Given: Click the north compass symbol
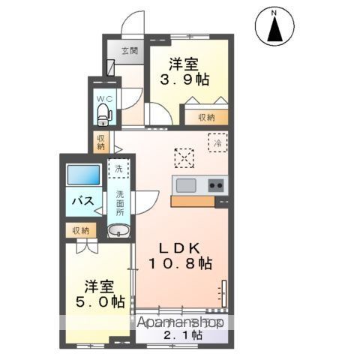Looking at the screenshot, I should click(x=273, y=27).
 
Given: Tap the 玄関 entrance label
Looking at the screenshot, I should click(x=130, y=52).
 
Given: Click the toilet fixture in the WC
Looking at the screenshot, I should click(x=103, y=115).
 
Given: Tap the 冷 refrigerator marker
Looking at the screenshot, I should click(x=216, y=142).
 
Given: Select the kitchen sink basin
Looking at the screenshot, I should click(x=185, y=184).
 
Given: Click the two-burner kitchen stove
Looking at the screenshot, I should click(x=216, y=184).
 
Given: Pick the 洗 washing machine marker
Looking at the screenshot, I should click(x=118, y=169).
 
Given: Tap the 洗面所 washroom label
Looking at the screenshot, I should click(x=120, y=202).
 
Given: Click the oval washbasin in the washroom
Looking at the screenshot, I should click(x=118, y=231).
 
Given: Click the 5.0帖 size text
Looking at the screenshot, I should click(x=105, y=302).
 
